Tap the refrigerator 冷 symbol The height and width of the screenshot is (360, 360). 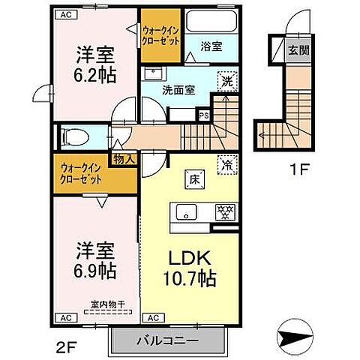pyautogui.click(x=225, y=163)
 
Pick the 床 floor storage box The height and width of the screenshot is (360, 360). pyautogui.click(x=193, y=178)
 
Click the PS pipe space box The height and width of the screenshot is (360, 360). pyautogui.click(x=203, y=115)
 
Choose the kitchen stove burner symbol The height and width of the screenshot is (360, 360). pyautogui.click(x=223, y=211)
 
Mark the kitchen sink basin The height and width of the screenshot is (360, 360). pyautogui.click(x=187, y=210)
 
